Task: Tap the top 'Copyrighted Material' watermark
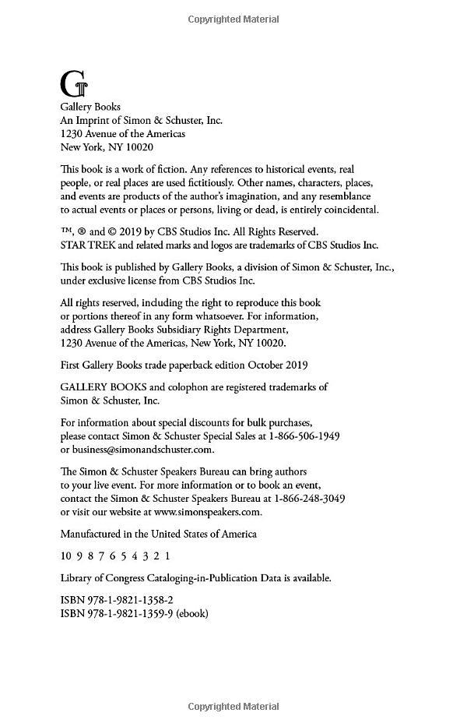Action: pyautogui.click(x=233, y=19)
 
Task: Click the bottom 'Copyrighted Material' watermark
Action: pyautogui.click(x=233, y=707)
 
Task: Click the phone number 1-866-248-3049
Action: pyautogui.click(x=304, y=498)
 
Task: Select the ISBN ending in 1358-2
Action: pyautogui.click(x=117, y=599)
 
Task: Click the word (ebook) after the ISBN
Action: pyautogui.click(x=192, y=613)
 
